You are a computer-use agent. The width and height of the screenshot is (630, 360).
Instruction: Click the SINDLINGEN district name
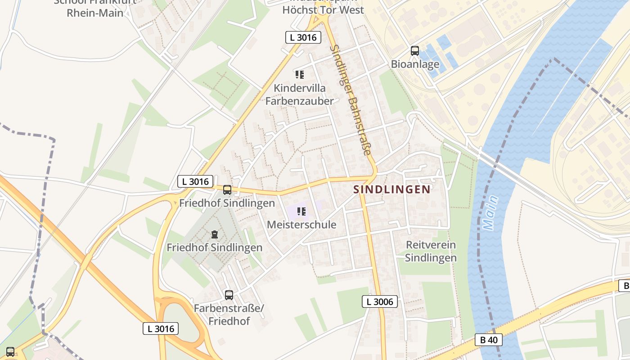[x=392, y=189]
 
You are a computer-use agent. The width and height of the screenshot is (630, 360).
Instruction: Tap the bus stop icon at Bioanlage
[x=415, y=51]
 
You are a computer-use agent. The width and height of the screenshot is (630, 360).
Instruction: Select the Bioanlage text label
[x=415, y=64]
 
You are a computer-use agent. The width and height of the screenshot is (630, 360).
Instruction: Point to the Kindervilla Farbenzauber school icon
[x=300, y=74]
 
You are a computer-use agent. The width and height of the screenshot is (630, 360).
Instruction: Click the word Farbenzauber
[x=300, y=101]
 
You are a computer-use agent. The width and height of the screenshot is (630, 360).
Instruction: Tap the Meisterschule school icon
[x=301, y=211]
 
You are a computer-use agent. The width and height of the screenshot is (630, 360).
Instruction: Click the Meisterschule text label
[x=301, y=225]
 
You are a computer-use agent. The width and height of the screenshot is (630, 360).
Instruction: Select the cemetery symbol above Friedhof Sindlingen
[x=215, y=234]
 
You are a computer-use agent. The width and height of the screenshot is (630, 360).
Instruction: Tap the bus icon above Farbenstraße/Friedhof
[x=229, y=295]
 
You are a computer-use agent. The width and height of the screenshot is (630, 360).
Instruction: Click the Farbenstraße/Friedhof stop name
[x=229, y=315]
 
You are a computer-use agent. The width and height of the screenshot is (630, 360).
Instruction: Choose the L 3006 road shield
[x=380, y=301]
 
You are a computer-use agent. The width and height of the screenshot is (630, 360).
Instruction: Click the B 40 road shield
[x=489, y=340]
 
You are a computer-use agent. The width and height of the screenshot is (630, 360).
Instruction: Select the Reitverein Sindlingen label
[x=431, y=252]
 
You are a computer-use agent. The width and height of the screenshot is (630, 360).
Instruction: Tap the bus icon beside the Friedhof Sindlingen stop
[x=227, y=190]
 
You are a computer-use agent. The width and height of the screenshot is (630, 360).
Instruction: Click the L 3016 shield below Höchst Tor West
[x=303, y=37]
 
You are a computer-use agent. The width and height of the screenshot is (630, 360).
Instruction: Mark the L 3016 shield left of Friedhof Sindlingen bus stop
[x=195, y=181]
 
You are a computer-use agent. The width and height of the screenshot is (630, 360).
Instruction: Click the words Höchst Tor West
[x=323, y=10]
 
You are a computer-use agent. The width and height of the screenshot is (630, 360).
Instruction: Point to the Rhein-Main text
[x=95, y=13]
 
